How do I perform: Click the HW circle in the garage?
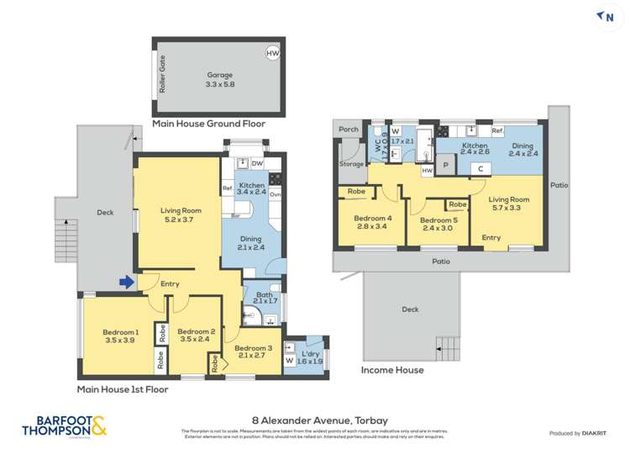coord(272,53)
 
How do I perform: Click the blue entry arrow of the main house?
coord(126,283)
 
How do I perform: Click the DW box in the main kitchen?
coord(256,164)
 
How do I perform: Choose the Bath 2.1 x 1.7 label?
coord(261,296)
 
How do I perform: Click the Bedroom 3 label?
coord(252,352)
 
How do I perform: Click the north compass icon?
coord(609,16)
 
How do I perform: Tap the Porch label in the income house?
coord(348,130)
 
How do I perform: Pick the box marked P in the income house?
coord(446,166)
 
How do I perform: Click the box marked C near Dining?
coord(480,167)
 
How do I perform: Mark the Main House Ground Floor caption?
coord(208,124)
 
